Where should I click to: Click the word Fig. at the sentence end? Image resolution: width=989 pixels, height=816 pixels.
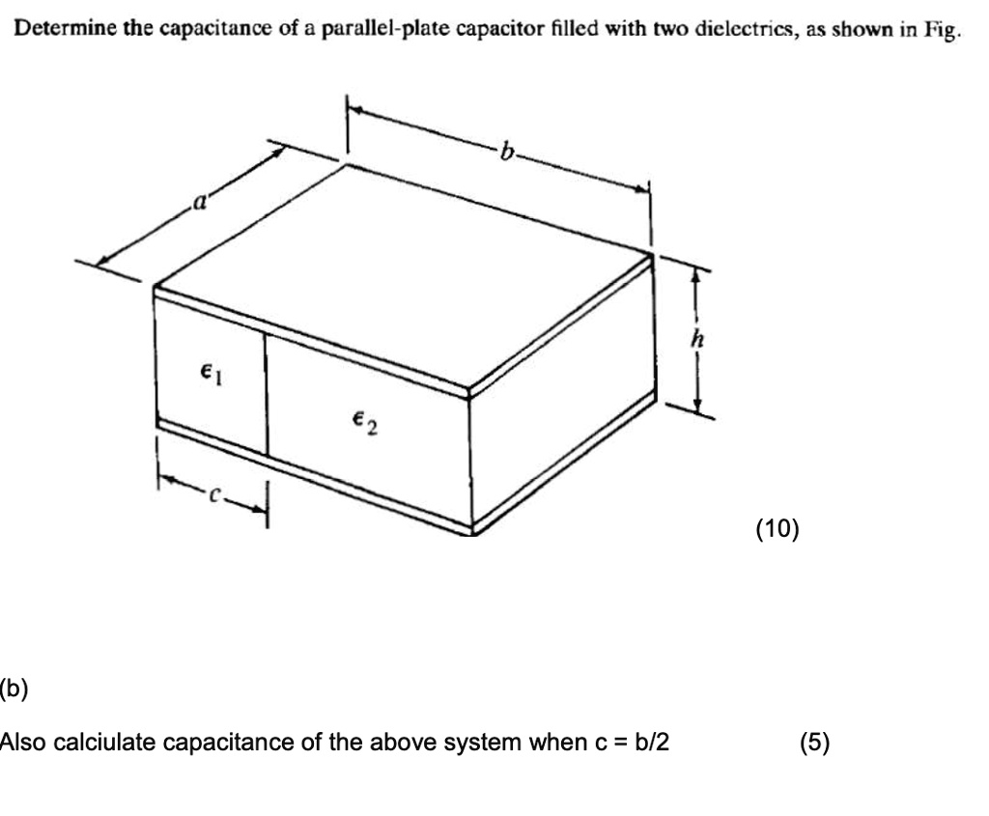[x=942, y=30]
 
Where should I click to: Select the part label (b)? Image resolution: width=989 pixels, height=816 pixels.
[x=14, y=689]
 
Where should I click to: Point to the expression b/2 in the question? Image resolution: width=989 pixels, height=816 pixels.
[x=650, y=743]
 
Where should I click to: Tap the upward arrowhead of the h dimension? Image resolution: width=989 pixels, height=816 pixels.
[x=693, y=275]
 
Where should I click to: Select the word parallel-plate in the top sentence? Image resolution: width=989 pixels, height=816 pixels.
[x=364, y=30]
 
